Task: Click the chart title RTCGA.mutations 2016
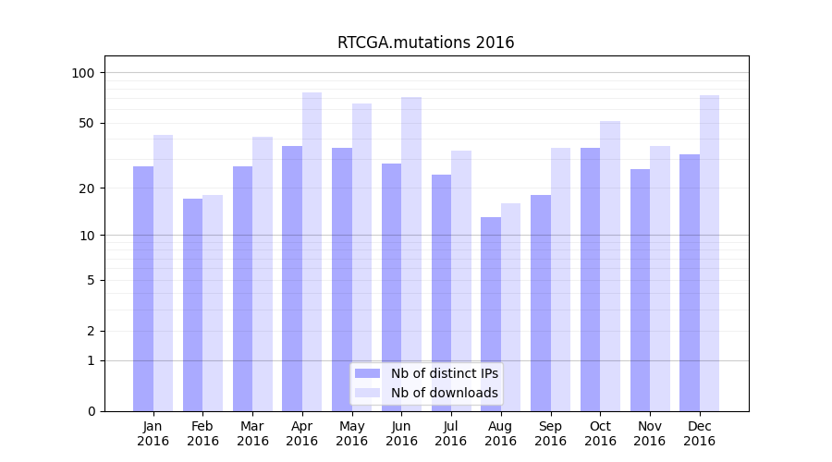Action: tap(425, 43)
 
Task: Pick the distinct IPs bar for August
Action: tap(491, 314)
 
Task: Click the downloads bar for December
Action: tap(709, 253)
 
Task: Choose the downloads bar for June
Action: tap(411, 254)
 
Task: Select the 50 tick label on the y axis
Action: tap(87, 123)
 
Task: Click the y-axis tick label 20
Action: tap(87, 188)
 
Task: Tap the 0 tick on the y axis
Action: tap(91, 411)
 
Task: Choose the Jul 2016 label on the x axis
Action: tap(451, 433)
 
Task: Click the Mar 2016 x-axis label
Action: tap(252, 433)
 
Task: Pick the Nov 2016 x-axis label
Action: tap(650, 433)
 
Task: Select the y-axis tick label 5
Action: tap(91, 280)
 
